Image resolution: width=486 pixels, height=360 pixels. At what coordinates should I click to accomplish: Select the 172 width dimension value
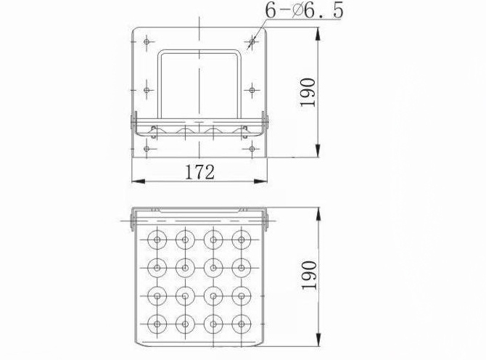(x=199, y=172)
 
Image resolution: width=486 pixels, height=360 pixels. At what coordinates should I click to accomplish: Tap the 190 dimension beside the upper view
(x=308, y=92)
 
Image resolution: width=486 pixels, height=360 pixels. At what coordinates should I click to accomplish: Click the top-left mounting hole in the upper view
(x=147, y=41)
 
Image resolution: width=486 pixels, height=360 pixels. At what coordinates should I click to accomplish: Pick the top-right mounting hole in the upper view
(x=251, y=41)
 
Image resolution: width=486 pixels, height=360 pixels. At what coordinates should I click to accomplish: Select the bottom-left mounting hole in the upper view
(x=147, y=149)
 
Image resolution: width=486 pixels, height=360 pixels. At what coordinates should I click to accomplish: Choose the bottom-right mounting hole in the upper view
(x=251, y=149)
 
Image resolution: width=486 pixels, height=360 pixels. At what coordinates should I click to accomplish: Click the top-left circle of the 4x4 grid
(x=157, y=239)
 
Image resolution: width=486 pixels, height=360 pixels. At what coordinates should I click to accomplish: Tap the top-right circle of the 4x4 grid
(x=240, y=239)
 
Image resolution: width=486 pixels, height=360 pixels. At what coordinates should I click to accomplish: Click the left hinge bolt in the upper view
(x=133, y=120)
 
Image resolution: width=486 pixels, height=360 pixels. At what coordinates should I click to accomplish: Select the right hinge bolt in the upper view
(x=265, y=120)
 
